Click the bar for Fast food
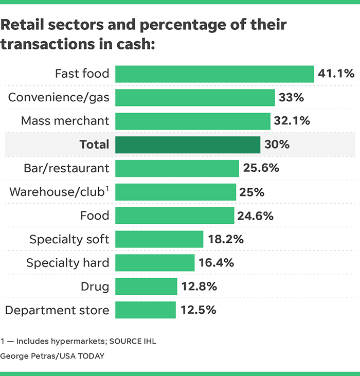click(214, 74)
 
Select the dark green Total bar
click(188, 145)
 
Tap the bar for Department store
click(146, 310)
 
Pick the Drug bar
click(146, 287)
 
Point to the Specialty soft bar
click(159, 239)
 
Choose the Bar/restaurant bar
click(177, 168)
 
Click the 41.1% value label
click(336, 74)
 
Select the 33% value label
click(291, 97)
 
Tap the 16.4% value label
click(217, 263)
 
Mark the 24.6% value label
click(255, 216)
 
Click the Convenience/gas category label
click(59, 97)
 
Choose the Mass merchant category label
click(65, 121)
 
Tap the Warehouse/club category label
click(59, 192)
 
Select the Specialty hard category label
click(68, 263)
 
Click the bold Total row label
click(94, 145)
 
